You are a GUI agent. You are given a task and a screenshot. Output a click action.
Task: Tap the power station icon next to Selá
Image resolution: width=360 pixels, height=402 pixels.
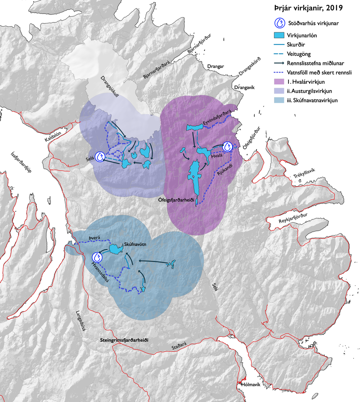[x=102, y=156]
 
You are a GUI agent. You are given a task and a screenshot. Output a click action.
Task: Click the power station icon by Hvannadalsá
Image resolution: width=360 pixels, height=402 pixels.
[x=97, y=257]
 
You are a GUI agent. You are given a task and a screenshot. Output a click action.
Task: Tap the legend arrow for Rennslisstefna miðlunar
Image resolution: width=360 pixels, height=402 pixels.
[x=279, y=63]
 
